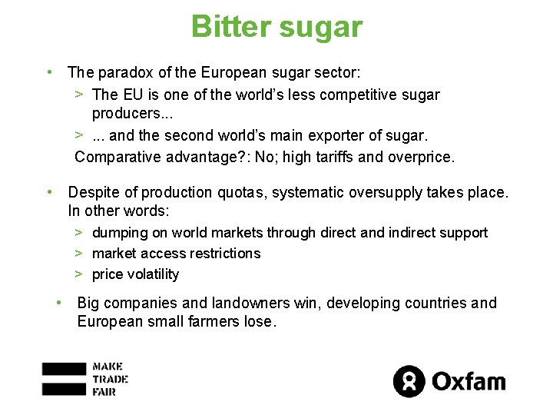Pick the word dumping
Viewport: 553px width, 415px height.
[x=121, y=232]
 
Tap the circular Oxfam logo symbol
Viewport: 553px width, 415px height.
[x=409, y=381]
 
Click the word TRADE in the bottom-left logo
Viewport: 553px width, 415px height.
[x=109, y=379]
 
